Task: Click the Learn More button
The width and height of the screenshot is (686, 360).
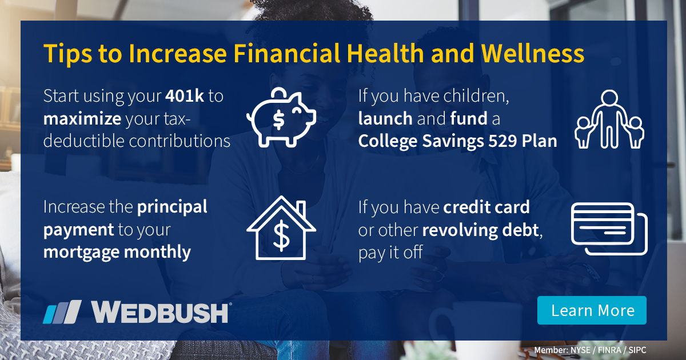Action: coord(592,310)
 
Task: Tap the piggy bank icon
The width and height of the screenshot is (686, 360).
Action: coord(281,117)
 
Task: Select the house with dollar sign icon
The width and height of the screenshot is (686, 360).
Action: coord(281,228)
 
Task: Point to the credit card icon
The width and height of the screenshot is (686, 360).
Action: coord(609,229)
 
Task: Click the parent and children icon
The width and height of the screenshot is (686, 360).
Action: coord(609,119)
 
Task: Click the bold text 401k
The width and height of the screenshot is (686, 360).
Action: coord(185,96)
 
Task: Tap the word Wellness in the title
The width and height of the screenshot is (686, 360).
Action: coord(533,53)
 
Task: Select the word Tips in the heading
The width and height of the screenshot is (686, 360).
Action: coord(67,54)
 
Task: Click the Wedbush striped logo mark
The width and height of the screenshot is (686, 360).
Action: coord(62,311)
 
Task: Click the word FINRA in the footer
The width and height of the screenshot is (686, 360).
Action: coord(609,350)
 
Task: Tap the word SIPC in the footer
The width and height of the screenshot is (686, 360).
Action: coord(637,350)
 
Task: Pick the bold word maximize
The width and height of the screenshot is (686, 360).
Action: coord(82,118)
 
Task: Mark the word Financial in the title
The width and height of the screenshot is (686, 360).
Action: coord(287,53)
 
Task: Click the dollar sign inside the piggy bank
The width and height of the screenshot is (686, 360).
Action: coord(278,120)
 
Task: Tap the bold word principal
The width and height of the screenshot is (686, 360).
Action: coord(172,207)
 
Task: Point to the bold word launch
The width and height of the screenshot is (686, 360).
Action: coord(385,118)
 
